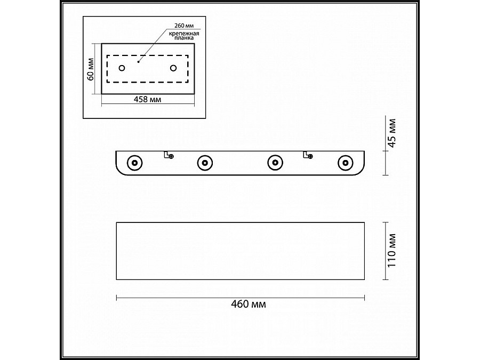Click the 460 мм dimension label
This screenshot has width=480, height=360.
click(249, 305)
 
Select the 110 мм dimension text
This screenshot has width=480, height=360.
click(393, 250)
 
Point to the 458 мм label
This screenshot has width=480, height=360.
click(148, 100)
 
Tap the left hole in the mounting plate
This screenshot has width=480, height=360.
click(122, 68)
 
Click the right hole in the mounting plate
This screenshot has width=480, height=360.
click(173, 68)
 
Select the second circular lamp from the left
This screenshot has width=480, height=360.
click(204, 162)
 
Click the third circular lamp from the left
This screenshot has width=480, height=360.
click(275, 162)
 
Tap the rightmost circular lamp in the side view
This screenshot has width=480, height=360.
click(346, 162)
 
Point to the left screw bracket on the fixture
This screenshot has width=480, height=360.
click(169, 155)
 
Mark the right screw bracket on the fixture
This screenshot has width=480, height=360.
click(308, 155)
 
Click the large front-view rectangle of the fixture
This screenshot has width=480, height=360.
click(240, 250)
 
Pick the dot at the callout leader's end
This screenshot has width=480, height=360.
click(138, 62)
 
